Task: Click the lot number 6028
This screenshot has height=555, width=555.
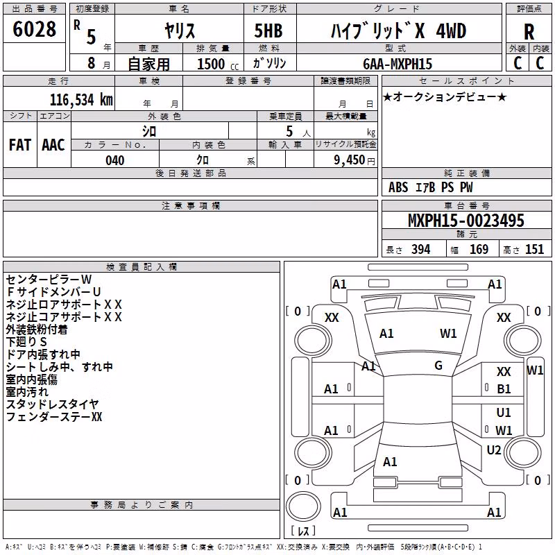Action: (34, 29)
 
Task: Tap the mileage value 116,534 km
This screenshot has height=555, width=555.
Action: (81, 100)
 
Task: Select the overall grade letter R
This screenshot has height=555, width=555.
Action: (529, 32)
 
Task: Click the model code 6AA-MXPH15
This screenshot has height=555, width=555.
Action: (398, 64)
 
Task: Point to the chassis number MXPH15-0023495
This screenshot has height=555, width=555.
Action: (466, 220)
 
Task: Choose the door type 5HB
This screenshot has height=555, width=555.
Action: (268, 31)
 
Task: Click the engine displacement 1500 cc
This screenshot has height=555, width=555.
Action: (218, 64)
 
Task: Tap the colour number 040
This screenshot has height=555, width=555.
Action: (115, 160)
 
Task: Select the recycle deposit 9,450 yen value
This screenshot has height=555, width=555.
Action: (355, 160)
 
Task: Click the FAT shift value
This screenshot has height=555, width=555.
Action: (20, 145)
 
